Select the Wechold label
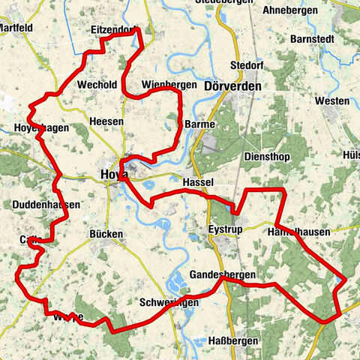(x=96, y=85)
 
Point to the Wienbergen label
(x=168, y=85)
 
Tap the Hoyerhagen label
(x=41, y=128)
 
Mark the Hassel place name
(x=198, y=182)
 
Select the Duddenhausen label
(x=46, y=204)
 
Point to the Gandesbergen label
(x=222, y=274)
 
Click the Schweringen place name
(x=169, y=301)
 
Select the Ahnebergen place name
(x=293, y=11)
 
